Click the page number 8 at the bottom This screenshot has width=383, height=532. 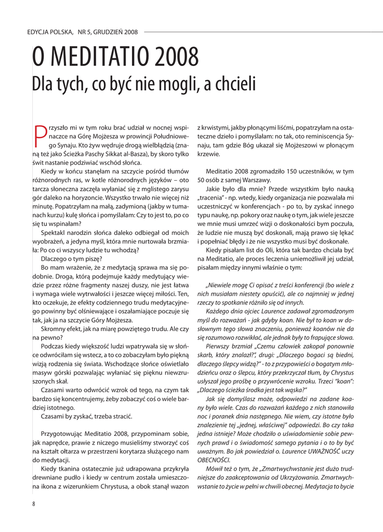coord(34,503)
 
